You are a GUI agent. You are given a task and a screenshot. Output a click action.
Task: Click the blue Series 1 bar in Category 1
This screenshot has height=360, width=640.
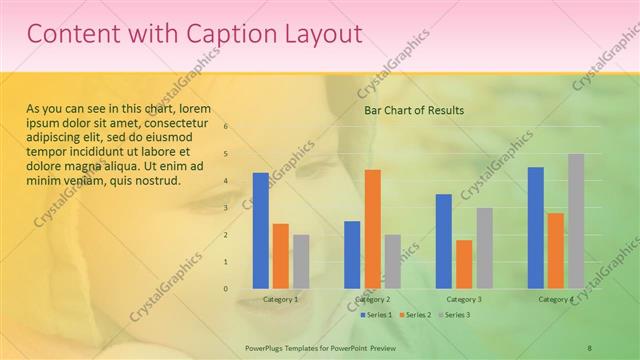coord(260,231)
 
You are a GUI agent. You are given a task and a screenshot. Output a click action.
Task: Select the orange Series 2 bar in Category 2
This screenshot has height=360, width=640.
coord(372,229)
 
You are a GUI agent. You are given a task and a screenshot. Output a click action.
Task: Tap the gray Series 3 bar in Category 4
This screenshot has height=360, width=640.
coord(576,221)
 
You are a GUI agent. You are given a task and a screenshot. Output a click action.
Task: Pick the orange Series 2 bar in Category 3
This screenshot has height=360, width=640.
coord(464,264)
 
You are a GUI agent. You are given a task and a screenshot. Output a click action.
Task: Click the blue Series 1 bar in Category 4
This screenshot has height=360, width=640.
coord(536,228)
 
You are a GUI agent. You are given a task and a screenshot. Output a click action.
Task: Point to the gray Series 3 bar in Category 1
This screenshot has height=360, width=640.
coord(301,262)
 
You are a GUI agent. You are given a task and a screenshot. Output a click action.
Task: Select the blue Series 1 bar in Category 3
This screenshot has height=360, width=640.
coord(443,241)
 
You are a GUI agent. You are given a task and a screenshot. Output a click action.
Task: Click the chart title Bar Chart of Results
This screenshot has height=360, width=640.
coord(413,110)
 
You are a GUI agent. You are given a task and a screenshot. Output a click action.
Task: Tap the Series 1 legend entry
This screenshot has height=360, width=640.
coord(376,315)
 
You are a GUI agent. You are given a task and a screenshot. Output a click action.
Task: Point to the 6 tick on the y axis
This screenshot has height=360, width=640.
coord(226,127)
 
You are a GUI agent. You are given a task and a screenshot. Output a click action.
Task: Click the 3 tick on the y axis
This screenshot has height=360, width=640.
coord(226,208)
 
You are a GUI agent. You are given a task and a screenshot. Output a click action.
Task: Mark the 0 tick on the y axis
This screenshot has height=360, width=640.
coord(226,289)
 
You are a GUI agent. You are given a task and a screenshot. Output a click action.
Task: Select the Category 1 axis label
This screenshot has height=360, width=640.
coord(280,299)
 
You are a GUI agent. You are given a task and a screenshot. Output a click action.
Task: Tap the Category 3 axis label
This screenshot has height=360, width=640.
coord(464,299)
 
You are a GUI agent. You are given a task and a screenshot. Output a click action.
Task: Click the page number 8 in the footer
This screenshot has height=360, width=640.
coord(590,347)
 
